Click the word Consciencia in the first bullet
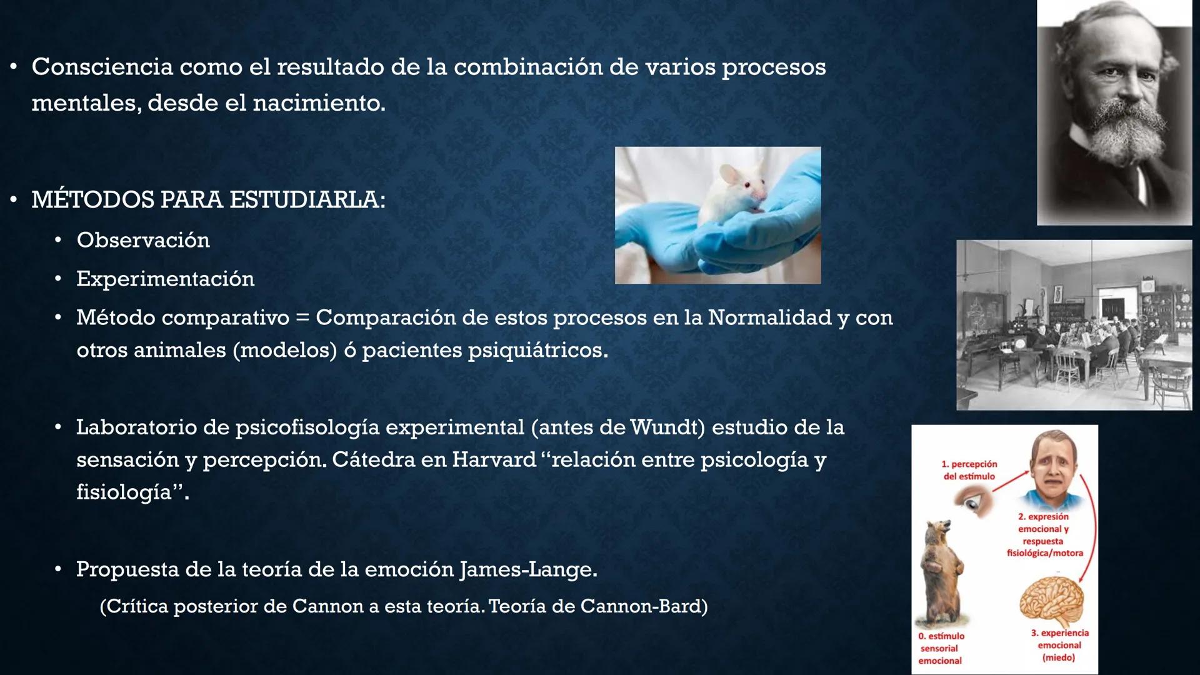click(102, 67)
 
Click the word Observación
click(143, 240)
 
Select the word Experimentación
click(166, 279)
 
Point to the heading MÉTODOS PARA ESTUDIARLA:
click(208, 200)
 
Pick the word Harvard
click(494, 460)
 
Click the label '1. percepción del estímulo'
click(969, 470)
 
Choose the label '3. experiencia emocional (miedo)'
click(1059, 645)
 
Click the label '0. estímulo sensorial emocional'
click(941, 648)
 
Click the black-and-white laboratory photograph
click(1074, 325)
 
